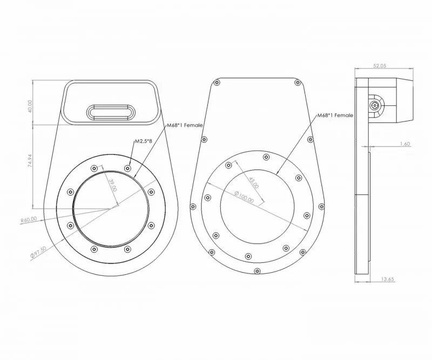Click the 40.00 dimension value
pos(30,106)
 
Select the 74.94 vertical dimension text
pos(30,161)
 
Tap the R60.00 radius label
pos(29,220)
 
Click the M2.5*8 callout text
pos(143,141)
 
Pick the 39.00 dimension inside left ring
pos(113,185)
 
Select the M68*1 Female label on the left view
pos(185,125)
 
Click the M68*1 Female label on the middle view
pos(335,116)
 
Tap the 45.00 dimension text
pos(254,182)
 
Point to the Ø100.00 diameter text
pos(244,197)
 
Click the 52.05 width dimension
pos(380,65)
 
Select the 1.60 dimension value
pos(404,144)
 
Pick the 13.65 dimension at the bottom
pos(388,279)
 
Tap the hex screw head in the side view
pos(374,105)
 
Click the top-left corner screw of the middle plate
pos(217,83)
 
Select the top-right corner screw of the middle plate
pos(298,83)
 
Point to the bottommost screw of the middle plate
pos(257,271)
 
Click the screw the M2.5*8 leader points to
pos(127,168)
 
